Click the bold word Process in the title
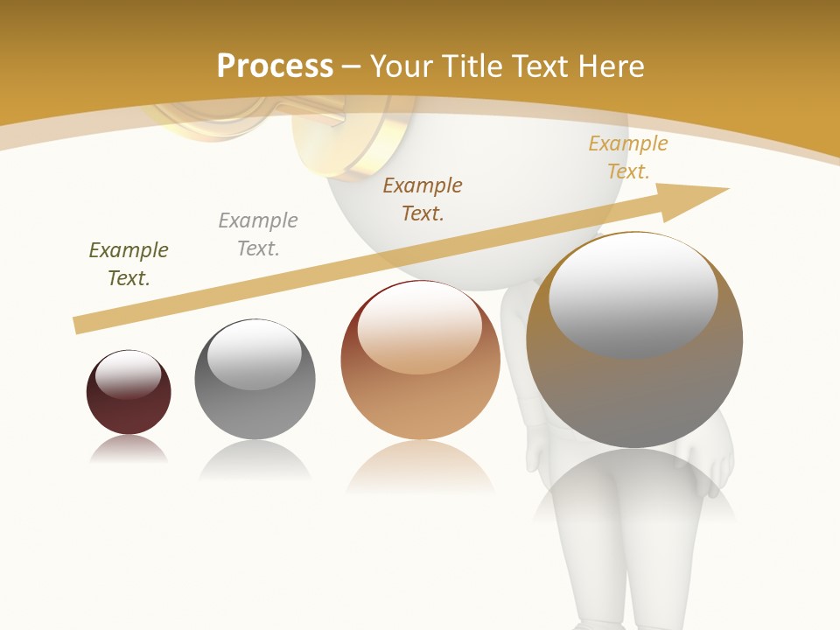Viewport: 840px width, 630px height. click(x=275, y=66)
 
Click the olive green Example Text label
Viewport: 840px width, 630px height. click(x=129, y=264)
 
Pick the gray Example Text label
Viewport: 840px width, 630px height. click(x=258, y=234)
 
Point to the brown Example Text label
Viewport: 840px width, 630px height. click(x=423, y=199)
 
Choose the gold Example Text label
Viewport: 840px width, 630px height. click(x=628, y=157)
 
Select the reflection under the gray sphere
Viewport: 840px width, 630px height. click(x=255, y=460)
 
